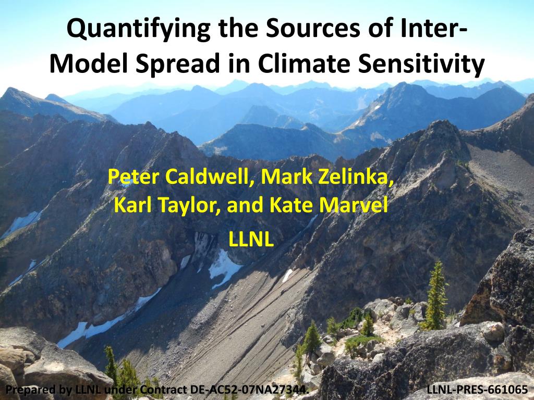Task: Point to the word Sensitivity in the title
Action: (421, 65)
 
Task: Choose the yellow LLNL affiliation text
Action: (251, 240)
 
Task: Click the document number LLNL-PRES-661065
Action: (477, 389)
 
